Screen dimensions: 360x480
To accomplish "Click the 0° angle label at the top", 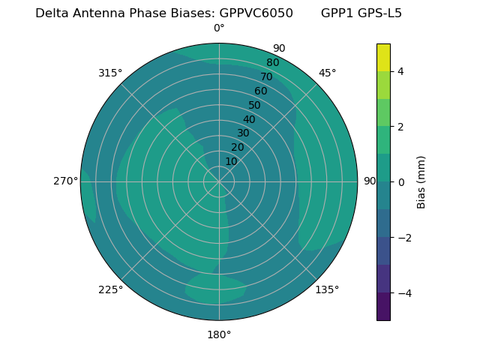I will pyautogui.click(x=219, y=28).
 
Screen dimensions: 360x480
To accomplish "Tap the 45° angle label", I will pyautogui.click(x=327, y=73).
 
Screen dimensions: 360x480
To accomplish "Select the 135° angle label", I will pyautogui.click(x=327, y=289).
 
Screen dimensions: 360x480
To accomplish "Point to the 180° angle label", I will pyautogui.click(x=219, y=334).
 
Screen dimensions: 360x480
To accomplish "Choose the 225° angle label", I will pyautogui.click(x=110, y=289).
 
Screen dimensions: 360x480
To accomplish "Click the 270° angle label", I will pyautogui.click(x=66, y=181).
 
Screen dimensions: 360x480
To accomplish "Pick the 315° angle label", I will pyautogui.click(x=110, y=73).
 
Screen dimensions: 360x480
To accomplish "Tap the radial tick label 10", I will pyautogui.click(x=231, y=161).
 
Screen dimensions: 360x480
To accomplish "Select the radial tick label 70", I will pyautogui.click(x=266, y=77).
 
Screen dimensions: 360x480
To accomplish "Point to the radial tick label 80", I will pyautogui.click(x=272, y=63).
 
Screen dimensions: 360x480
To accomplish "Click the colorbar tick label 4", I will pyautogui.click(x=400, y=71).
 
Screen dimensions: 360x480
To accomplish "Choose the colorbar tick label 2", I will pyautogui.click(x=400, y=127).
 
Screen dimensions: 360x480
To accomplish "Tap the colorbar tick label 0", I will pyautogui.click(x=400, y=182).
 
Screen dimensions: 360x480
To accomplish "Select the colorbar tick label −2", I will pyautogui.click(x=403, y=238).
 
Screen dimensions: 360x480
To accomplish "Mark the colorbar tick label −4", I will pyautogui.click(x=403, y=293).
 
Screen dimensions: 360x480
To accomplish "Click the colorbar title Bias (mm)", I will pyautogui.click(x=421, y=182).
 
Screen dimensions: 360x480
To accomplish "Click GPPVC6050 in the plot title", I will pyautogui.click(x=256, y=13).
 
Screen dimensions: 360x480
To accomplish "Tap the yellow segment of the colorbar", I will pyautogui.click(x=383, y=58).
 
